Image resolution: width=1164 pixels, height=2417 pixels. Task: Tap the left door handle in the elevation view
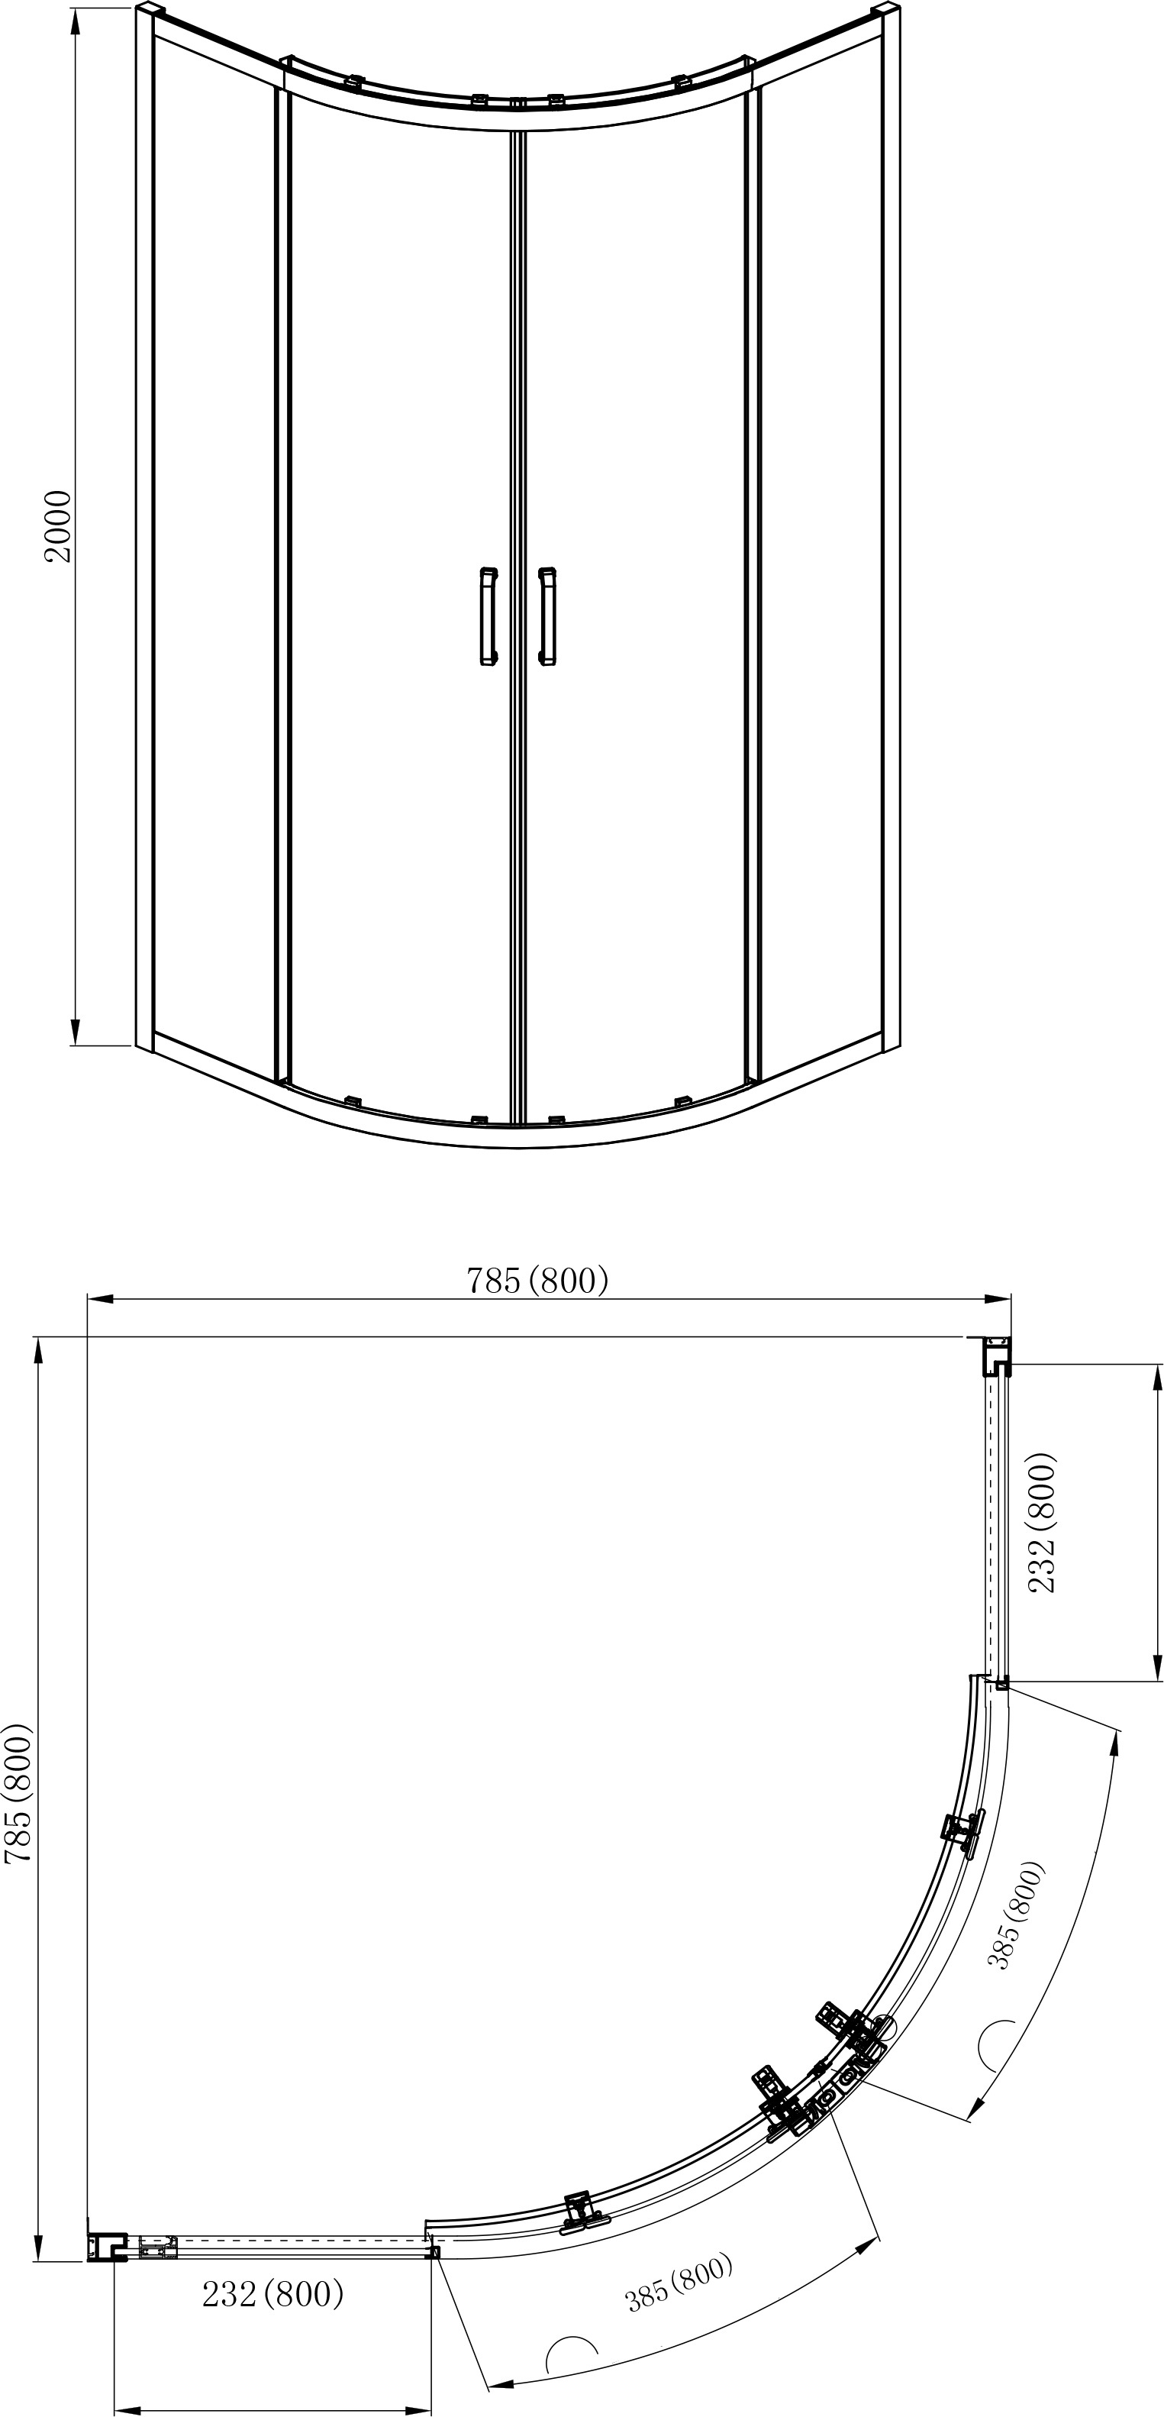coord(488,616)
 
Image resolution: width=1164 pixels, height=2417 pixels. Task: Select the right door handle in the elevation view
coord(546,616)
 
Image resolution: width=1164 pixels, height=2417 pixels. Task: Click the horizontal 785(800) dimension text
coord(538,1280)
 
